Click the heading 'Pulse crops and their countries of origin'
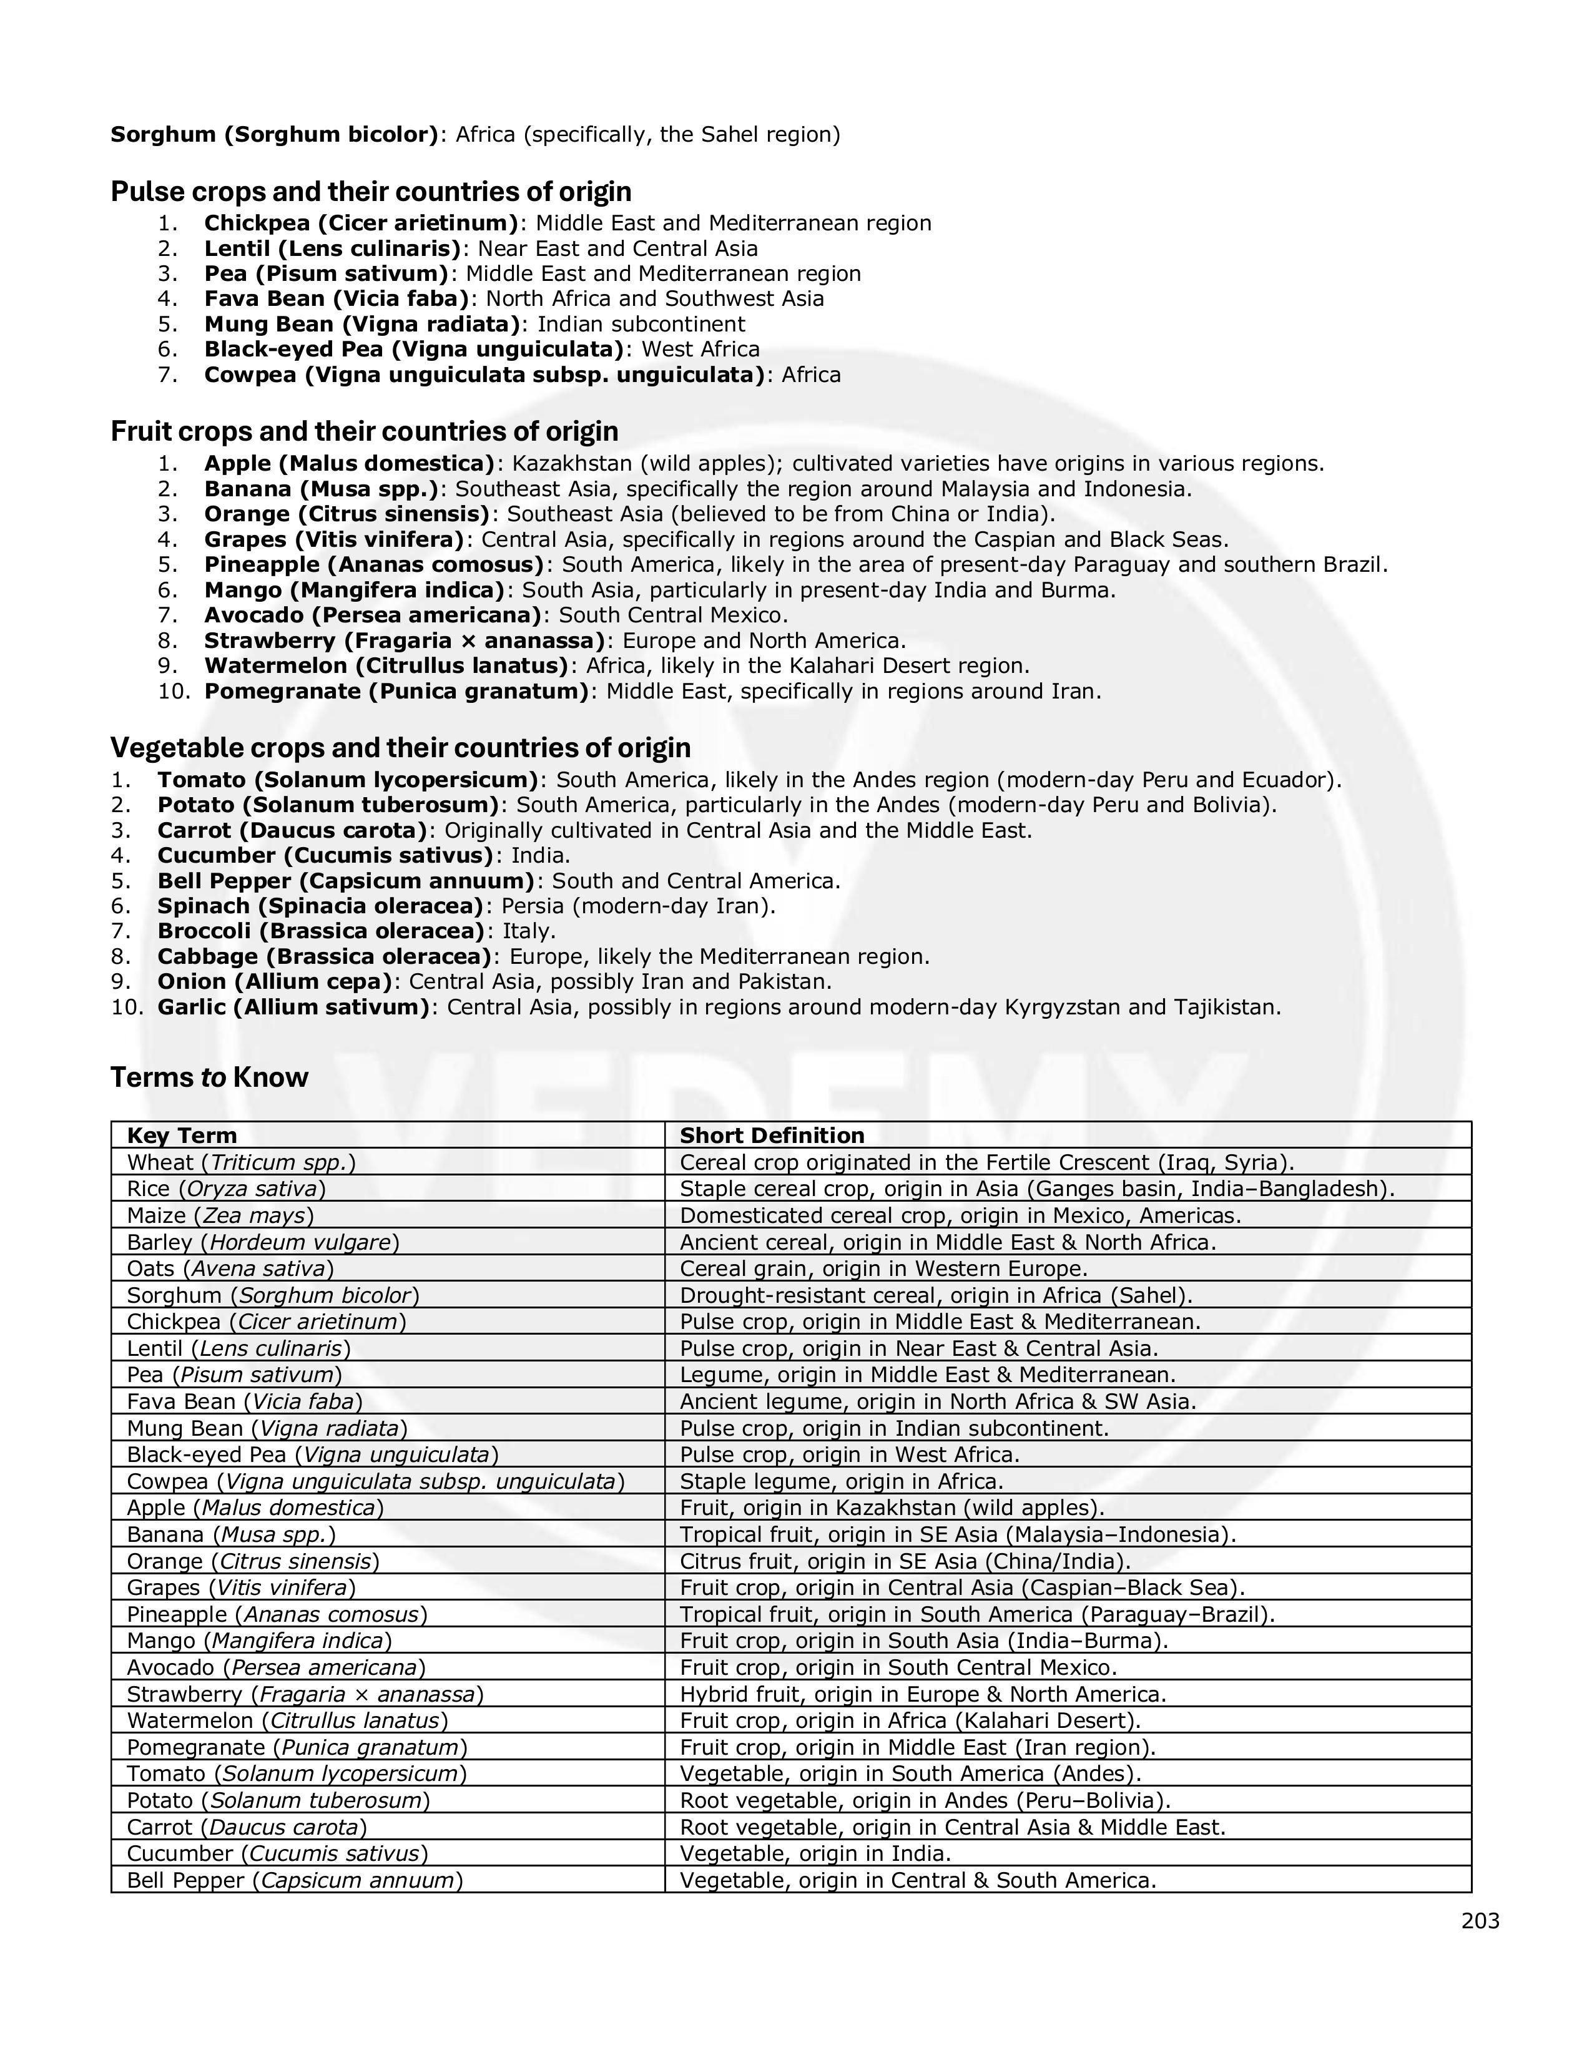pyautogui.click(x=371, y=192)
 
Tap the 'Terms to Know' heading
pyautogui.click(x=209, y=1077)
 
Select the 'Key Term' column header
pyautogui.click(x=182, y=1135)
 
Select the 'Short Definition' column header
pyautogui.click(x=772, y=1135)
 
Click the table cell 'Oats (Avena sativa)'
pyautogui.click(x=230, y=1268)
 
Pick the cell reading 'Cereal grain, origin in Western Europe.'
pyautogui.click(x=883, y=1268)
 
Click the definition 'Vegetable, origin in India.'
pyautogui.click(x=815, y=1853)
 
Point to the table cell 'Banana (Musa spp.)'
pyautogui.click(x=231, y=1534)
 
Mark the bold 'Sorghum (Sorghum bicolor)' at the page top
pyautogui.click(x=273, y=135)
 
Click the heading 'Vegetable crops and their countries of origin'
pyautogui.click(x=400, y=748)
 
